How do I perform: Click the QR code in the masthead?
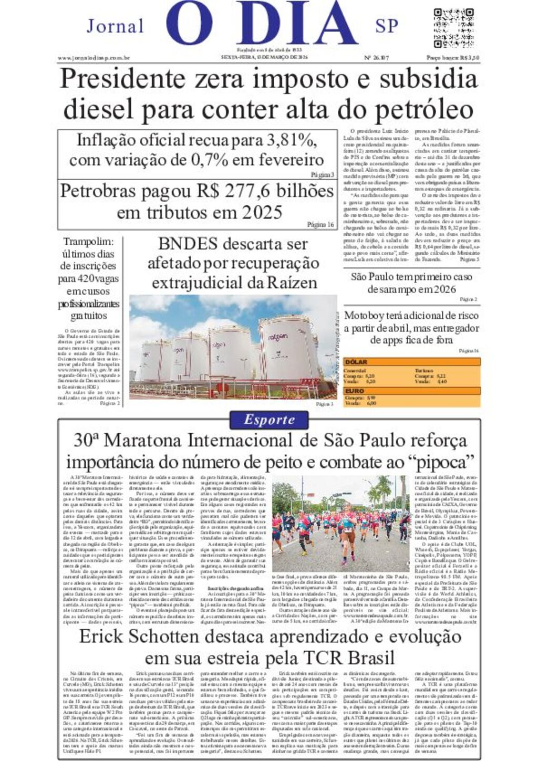pos(454,28)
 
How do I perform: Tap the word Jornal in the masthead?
pos(115,26)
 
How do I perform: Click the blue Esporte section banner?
pos(269,420)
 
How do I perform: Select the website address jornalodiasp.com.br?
pos(94,58)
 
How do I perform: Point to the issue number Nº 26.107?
pos(377,58)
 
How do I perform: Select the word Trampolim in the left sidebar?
pos(88,242)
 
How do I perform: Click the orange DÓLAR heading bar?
pos(412,362)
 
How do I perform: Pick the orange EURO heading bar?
pos(412,391)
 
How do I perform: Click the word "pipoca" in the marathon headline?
pos(441,462)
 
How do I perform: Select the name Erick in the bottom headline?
pos(101,637)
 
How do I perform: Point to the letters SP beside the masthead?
pos(387,26)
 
